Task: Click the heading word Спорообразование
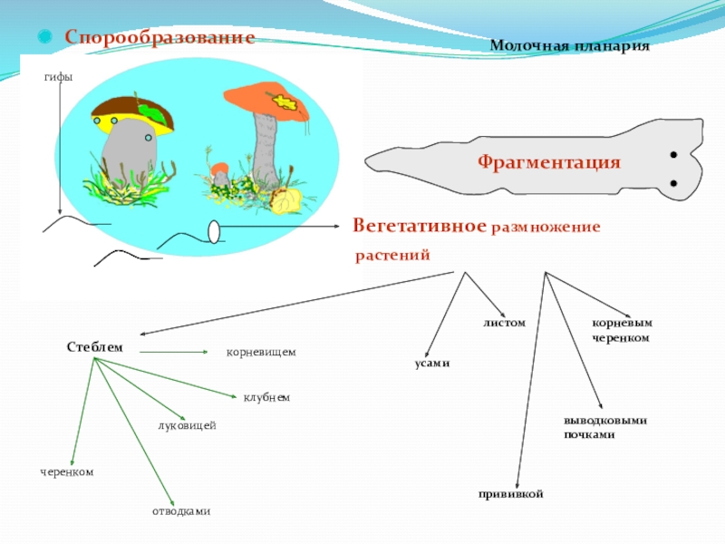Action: [x=159, y=37]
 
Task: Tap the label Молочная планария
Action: [x=570, y=45]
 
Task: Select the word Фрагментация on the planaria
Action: [x=549, y=162]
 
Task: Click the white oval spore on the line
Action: [x=214, y=233]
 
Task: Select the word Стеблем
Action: [x=93, y=347]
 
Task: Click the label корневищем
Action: [x=261, y=351]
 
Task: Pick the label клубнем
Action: [x=266, y=397]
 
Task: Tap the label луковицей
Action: [x=187, y=425]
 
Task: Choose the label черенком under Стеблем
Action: [x=66, y=471]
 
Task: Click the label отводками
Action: [x=181, y=511]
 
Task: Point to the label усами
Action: [x=431, y=363]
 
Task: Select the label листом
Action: [x=504, y=323]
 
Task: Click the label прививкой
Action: [x=510, y=493]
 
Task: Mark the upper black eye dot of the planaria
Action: [x=673, y=156]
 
